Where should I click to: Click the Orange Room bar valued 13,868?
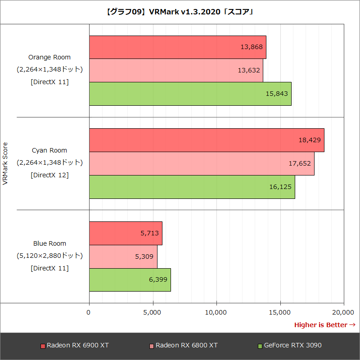pyautogui.click(x=177, y=47)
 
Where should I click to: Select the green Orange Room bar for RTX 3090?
pyautogui.click(x=190, y=94)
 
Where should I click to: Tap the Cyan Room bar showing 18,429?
pyautogui.click(x=206, y=140)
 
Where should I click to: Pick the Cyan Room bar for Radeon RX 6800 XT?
pyautogui.click(x=201, y=163)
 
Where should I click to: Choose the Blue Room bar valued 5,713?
pyautogui.click(x=125, y=233)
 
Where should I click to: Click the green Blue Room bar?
pyautogui.click(x=130, y=280)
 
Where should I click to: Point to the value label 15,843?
pyautogui.click(x=277, y=94)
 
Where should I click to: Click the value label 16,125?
pyautogui.click(x=280, y=187)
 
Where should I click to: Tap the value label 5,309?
pyautogui.click(x=144, y=256)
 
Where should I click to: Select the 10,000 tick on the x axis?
pyautogui.click(x=216, y=312)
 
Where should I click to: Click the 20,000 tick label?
pyautogui.click(x=344, y=312)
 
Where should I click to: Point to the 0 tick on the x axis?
pyautogui.click(x=89, y=312)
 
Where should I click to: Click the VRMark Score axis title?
pyautogui.click(x=5, y=163)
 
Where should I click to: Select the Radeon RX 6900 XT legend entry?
pyautogui.click(x=75, y=346)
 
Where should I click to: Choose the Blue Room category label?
pyautogui.click(x=49, y=243)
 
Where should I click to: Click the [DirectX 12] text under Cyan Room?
pyautogui.click(x=49, y=175)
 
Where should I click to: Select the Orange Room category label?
pyautogui.click(x=49, y=57)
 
